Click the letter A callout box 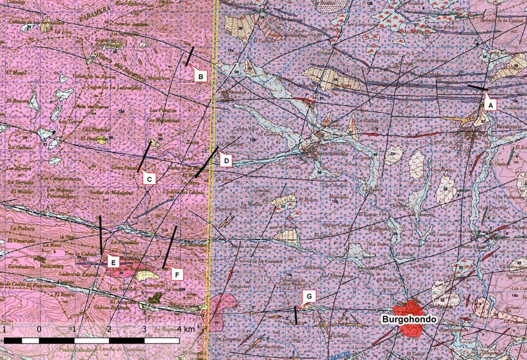click(x=490, y=103)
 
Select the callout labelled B click(x=201, y=76)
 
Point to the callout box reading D click(x=225, y=161)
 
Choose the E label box click(x=113, y=263)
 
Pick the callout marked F click(x=175, y=272)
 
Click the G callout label click(x=309, y=297)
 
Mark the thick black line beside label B click(x=190, y=56)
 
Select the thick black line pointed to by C click(x=143, y=155)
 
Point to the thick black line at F click(x=170, y=245)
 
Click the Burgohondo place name click(x=410, y=319)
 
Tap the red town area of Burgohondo click(x=408, y=309)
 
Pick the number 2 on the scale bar click(x=109, y=328)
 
